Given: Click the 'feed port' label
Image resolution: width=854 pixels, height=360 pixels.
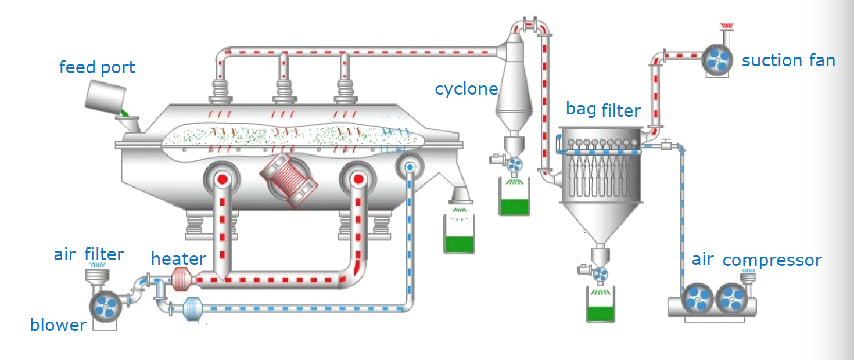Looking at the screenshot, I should tap(97, 67).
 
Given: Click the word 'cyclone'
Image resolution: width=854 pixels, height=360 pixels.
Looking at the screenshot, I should tap(467, 89).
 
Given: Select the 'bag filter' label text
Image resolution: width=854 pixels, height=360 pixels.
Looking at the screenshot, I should tap(603, 110).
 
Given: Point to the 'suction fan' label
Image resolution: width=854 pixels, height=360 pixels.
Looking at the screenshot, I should tap(788, 60).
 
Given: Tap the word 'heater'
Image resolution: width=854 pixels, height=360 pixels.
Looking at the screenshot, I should tap(178, 259).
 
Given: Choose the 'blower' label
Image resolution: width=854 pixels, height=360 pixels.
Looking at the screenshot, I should tap(58, 325).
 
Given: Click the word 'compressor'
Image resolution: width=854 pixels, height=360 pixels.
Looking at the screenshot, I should tap(772, 260).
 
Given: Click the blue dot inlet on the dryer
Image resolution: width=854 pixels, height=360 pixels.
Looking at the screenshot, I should tap(410, 168).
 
